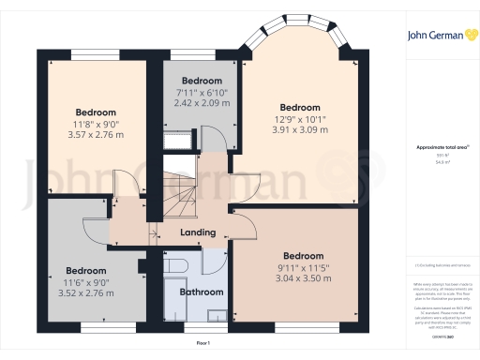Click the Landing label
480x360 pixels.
198,232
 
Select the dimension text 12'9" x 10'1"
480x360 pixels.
300,118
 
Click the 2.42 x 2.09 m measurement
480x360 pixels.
202,103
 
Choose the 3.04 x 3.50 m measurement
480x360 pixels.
305,278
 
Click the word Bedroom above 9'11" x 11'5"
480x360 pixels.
304,256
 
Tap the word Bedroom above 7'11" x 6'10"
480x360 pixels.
202,81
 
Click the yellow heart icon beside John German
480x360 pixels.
467,36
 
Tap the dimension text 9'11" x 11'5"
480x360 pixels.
305,267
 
